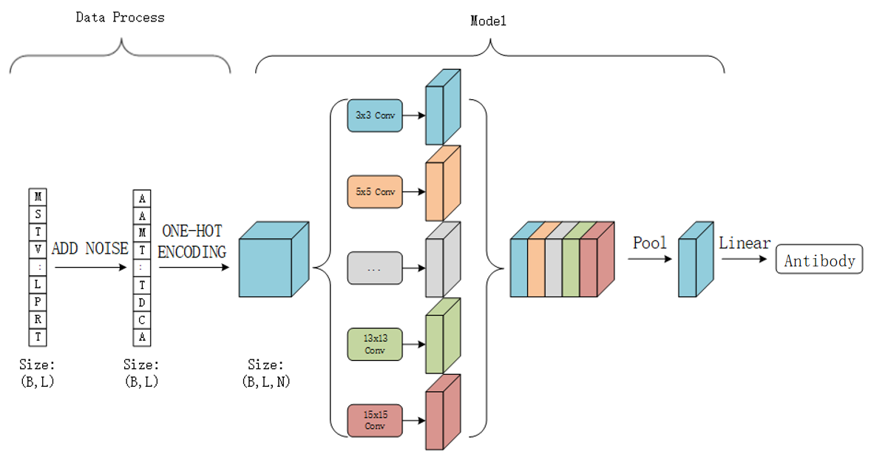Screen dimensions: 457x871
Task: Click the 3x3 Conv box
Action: pos(375,116)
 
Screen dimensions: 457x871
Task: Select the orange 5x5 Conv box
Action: pos(375,192)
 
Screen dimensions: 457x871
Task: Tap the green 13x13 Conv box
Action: pos(375,345)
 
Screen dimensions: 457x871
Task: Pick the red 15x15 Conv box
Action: pos(375,421)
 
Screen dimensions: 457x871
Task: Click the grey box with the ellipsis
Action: pos(375,268)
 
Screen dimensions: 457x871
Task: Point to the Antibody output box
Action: pos(819,260)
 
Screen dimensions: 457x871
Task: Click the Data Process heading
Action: pos(120,17)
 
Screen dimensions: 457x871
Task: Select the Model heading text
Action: pos(488,21)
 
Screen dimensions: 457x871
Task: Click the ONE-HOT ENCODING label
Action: pos(192,242)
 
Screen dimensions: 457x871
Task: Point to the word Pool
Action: pos(650,243)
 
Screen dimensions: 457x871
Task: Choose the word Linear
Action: pos(745,243)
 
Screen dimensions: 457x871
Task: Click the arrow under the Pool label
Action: pos(651,260)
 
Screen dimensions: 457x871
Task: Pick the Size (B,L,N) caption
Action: pos(265,373)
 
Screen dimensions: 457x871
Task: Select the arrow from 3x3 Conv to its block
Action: pos(414,116)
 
